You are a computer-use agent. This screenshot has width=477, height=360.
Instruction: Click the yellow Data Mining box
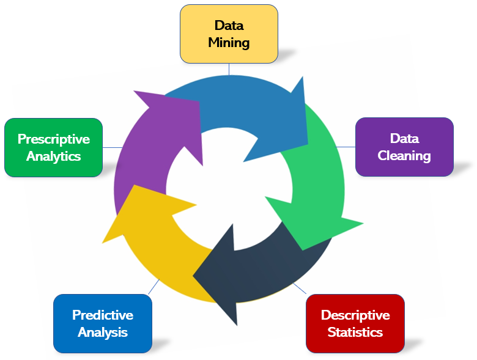click(x=229, y=34)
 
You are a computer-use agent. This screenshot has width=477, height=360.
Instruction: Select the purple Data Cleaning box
click(x=404, y=147)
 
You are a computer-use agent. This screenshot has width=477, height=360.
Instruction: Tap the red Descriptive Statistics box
click(x=355, y=323)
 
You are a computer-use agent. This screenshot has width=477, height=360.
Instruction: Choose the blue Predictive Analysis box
click(x=102, y=323)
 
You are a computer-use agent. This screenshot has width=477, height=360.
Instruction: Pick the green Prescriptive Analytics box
click(x=53, y=147)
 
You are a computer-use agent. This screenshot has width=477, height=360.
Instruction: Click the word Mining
click(x=229, y=43)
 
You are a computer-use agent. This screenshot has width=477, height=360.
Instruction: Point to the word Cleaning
click(x=404, y=156)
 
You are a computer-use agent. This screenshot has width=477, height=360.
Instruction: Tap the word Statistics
click(x=355, y=332)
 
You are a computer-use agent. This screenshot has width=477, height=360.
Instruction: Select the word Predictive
click(x=102, y=315)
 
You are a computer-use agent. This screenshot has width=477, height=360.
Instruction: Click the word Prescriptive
click(x=53, y=139)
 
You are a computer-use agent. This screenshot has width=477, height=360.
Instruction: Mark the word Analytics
click(x=53, y=156)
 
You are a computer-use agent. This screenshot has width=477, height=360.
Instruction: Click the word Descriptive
click(x=355, y=315)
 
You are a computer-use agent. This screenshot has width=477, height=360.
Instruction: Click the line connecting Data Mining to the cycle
click(x=229, y=68)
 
